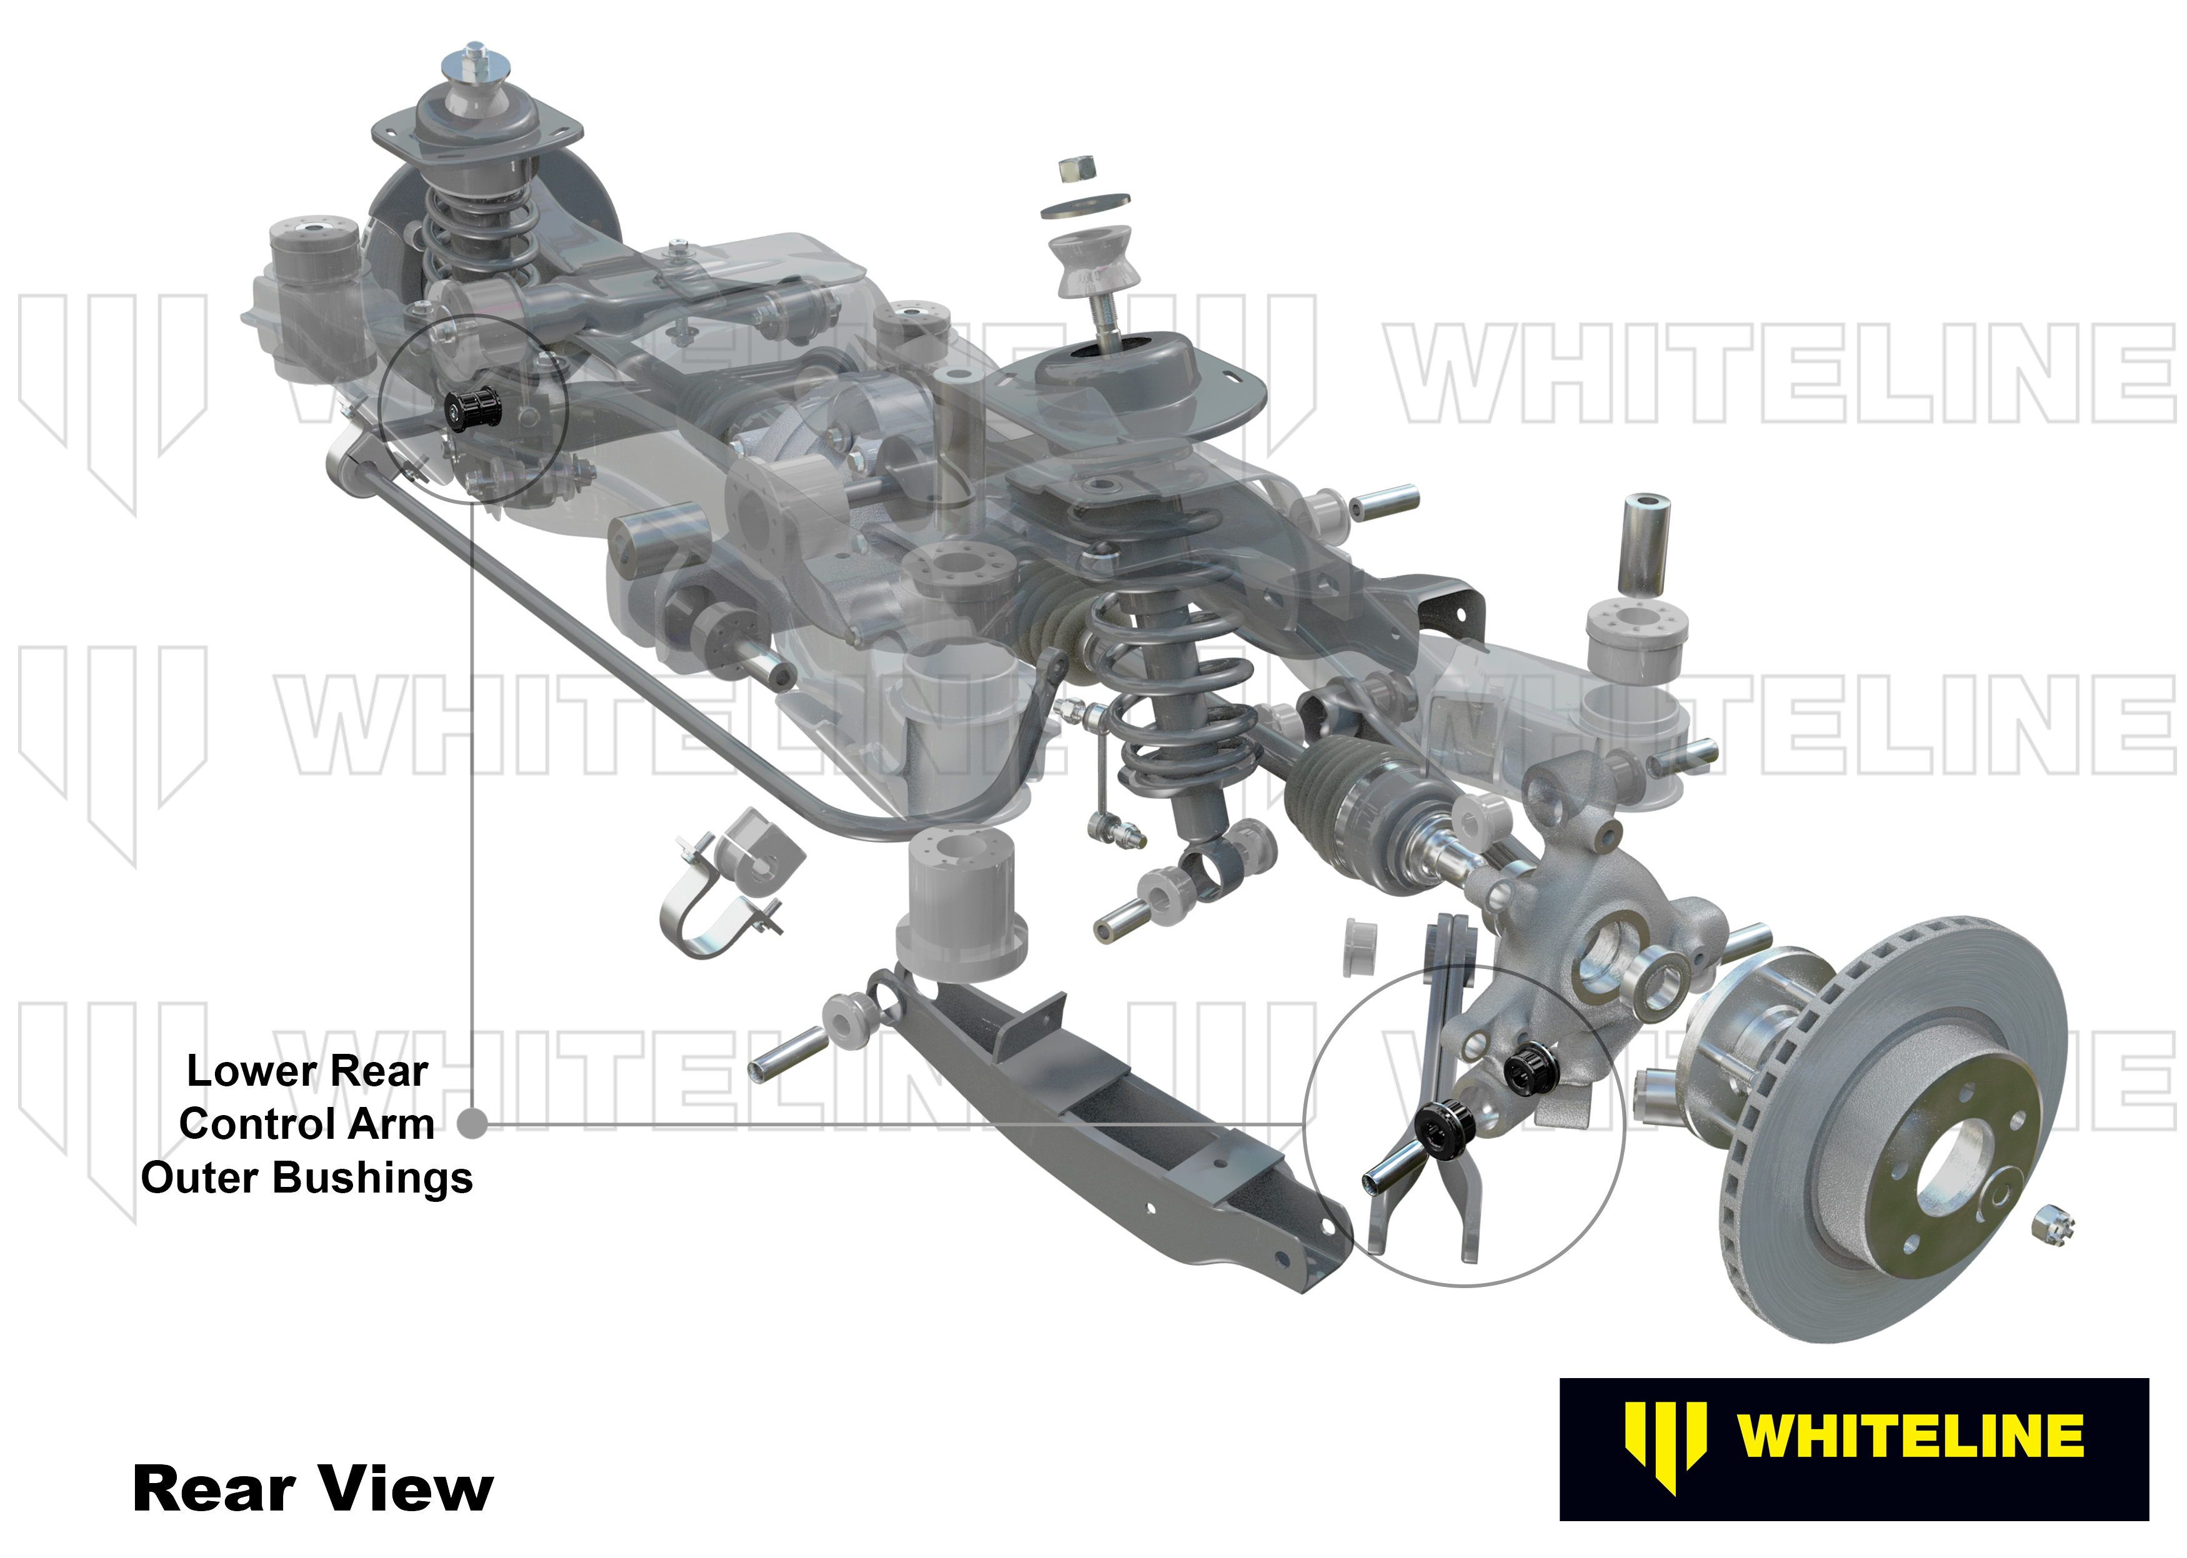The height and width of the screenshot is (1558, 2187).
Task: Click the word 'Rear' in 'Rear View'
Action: click(x=213, y=1488)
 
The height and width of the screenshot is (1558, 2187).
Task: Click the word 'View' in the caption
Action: click(x=405, y=1488)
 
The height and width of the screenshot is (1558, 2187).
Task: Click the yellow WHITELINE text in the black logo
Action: click(x=1910, y=1436)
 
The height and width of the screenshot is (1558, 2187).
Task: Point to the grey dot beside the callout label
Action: click(x=472, y=1123)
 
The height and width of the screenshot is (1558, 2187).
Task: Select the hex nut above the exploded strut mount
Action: click(x=1078, y=170)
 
